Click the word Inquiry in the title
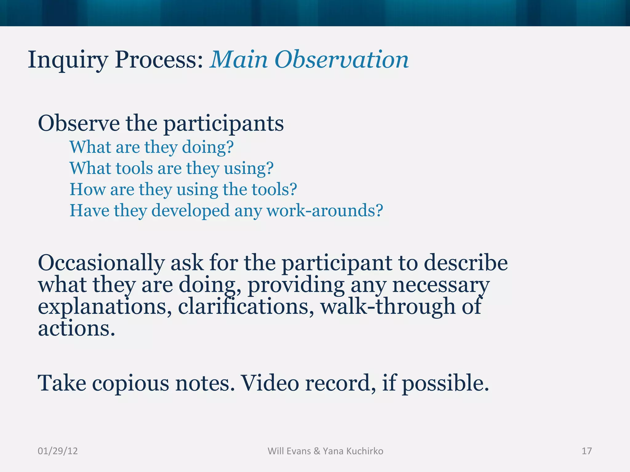coord(67,60)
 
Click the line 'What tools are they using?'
coord(171,169)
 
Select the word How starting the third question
coord(87,189)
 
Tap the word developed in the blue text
coord(190,211)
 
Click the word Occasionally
coord(101,264)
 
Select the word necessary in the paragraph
coord(441,285)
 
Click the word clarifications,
coord(246,307)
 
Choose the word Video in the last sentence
coord(269,383)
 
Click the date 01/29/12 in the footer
coord(58,451)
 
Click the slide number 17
coord(587,451)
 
